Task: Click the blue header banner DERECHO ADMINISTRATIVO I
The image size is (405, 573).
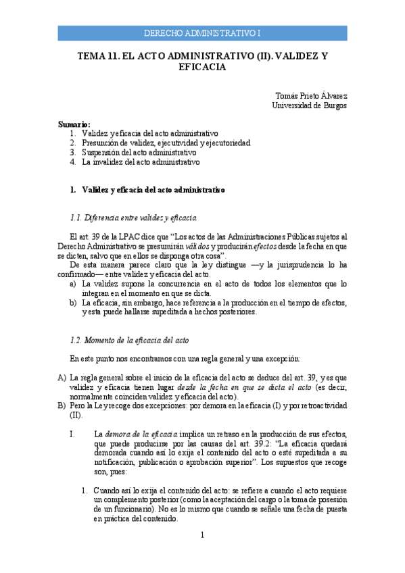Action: (x=202, y=33)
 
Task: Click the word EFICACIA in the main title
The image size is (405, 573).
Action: (x=202, y=68)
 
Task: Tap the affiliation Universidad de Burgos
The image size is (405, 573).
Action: (x=309, y=105)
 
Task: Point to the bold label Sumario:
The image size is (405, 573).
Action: (x=74, y=124)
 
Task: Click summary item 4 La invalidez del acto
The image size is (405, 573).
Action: (x=140, y=162)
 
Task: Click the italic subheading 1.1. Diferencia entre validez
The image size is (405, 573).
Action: (x=133, y=218)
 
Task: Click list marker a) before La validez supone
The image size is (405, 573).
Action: (x=73, y=284)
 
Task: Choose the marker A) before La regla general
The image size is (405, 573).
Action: (x=62, y=377)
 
